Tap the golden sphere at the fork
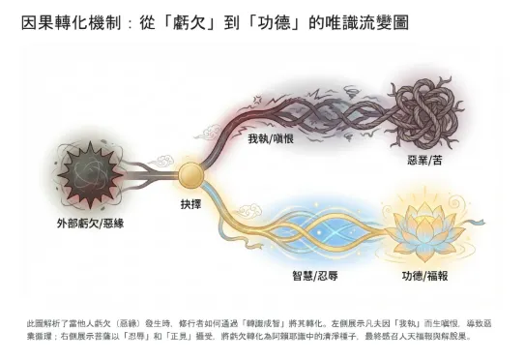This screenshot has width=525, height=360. click(x=190, y=175)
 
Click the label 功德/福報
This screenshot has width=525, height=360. click(x=426, y=276)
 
